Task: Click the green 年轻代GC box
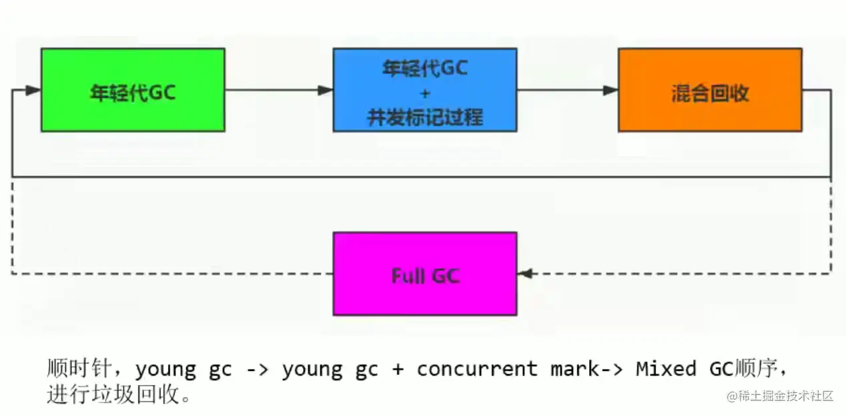click(133, 89)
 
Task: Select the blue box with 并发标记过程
click(424, 89)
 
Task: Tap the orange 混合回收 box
click(709, 89)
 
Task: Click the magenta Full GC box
click(424, 274)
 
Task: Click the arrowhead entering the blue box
click(325, 90)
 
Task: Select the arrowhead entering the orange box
click(610, 90)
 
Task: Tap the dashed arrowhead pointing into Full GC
click(525, 273)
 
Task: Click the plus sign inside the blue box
click(425, 93)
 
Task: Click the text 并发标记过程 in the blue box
click(425, 117)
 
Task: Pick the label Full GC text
click(425, 276)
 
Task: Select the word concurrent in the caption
click(477, 369)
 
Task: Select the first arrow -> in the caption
click(256, 369)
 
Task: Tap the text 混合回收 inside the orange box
click(710, 94)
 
